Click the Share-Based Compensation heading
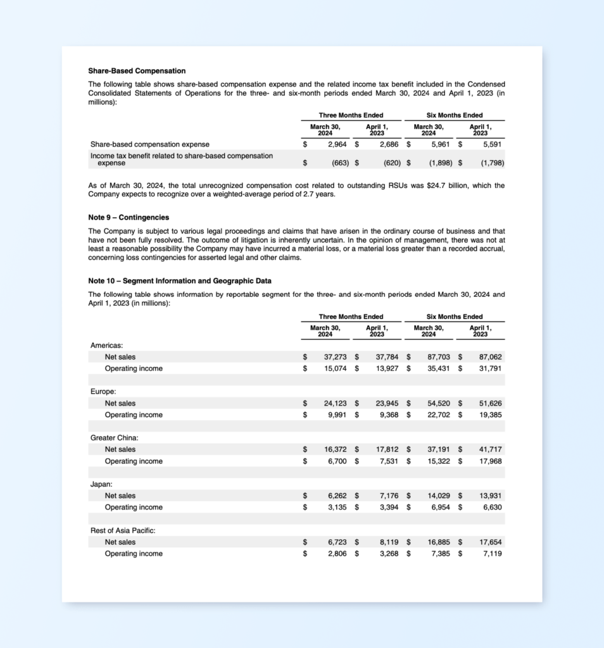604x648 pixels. [x=137, y=71]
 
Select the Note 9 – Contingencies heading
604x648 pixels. [x=129, y=218]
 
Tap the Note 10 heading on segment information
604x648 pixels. [x=180, y=281]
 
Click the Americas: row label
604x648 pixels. [x=106, y=346]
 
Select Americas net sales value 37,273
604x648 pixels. [x=336, y=357]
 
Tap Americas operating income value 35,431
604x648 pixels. [x=439, y=368]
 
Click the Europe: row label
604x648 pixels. [x=103, y=392]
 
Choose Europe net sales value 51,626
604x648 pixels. [x=491, y=403]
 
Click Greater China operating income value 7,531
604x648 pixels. [x=387, y=461]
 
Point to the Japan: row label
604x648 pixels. [x=102, y=484]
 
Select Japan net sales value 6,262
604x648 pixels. [x=337, y=495]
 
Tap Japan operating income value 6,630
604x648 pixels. [x=493, y=507]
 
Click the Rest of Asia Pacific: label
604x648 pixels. [x=123, y=530]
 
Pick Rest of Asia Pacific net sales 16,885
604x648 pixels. [x=439, y=542]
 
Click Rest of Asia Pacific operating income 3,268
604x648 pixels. [x=387, y=554]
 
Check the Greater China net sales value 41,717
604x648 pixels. [x=491, y=449]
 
